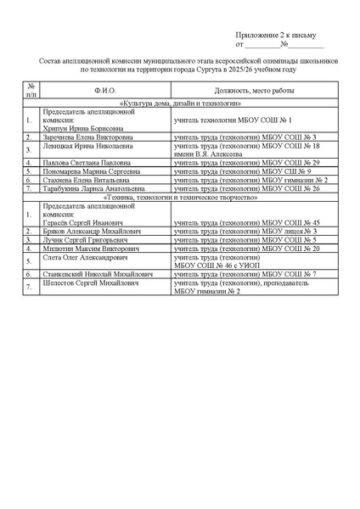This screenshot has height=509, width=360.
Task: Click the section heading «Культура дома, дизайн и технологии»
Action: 179,102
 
